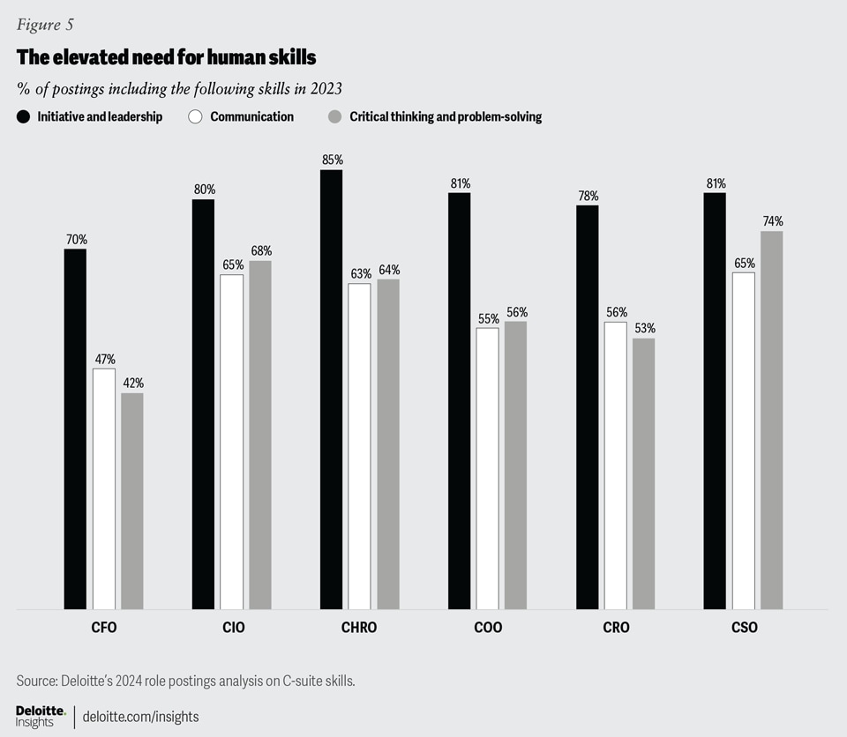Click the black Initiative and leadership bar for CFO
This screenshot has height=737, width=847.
click(x=75, y=428)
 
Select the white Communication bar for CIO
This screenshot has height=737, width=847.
click(x=231, y=441)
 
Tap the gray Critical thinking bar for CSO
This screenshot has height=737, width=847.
click(x=771, y=420)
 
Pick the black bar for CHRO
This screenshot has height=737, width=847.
click(x=331, y=389)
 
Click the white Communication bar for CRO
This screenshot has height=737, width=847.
click(x=615, y=465)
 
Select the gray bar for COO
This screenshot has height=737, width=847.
click(x=515, y=465)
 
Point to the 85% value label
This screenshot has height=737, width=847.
click(x=332, y=160)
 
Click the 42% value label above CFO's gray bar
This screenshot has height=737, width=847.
click(x=132, y=383)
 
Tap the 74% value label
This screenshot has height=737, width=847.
click(x=772, y=221)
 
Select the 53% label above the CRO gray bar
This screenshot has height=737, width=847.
click(x=643, y=329)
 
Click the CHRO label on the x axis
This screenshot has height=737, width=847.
click(x=359, y=629)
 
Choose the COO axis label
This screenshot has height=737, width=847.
click(x=487, y=629)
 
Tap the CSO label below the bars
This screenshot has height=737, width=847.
click(x=743, y=629)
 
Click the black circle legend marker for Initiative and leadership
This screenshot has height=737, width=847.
click(x=23, y=116)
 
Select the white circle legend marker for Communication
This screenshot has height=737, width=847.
click(x=196, y=116)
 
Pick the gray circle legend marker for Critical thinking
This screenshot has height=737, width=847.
click(x=334, y=116)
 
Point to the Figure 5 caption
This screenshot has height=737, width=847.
click(x=45, y=25)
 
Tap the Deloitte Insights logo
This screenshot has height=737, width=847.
click(x=41, y=716)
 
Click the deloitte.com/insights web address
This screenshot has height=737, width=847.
click(x=140, y=717)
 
